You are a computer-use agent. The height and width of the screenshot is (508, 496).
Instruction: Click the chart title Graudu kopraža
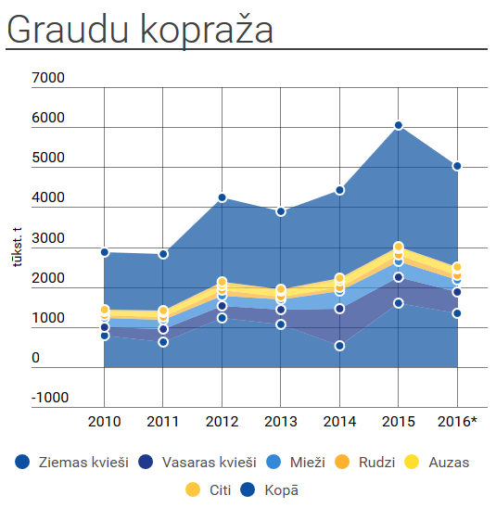point(140,30)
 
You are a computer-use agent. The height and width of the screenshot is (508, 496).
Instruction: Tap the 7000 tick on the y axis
point(48,78)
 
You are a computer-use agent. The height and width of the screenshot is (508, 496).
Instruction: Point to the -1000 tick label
point(50,398)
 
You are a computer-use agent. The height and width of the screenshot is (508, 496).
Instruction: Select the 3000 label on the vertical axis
point(48,238)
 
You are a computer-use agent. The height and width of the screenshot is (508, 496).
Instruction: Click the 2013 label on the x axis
point(281,422)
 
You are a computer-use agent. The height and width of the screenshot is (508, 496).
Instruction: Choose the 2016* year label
point(457,422)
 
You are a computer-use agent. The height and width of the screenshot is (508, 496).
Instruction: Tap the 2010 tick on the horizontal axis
point(105,422)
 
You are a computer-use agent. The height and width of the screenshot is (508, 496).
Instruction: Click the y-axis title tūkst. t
point(17,247)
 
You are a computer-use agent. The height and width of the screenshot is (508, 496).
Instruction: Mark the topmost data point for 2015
point(399,125)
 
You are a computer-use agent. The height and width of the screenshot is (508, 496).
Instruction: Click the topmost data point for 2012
point(222,197)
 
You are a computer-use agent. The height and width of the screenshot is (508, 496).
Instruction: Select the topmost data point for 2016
point(457,166)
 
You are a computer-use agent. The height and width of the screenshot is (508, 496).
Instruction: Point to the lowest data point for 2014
point(339,346)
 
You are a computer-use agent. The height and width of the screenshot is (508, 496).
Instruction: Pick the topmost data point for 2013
point(281,212)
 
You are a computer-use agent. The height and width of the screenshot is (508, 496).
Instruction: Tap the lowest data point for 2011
point(163,342)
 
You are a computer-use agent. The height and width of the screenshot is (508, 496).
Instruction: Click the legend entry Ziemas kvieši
point(72,463)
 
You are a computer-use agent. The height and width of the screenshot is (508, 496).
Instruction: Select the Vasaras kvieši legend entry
point(197,463)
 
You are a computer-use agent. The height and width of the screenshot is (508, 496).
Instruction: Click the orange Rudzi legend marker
point(342,463)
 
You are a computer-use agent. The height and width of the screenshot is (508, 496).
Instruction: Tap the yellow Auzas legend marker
point(412,463)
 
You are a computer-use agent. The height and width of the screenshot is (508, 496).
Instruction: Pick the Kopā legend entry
point(269,489)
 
